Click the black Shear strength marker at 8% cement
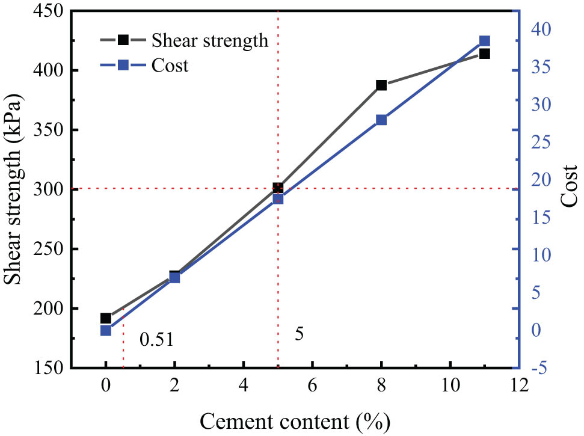coord(381,85)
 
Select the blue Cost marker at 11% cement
coord(485,41)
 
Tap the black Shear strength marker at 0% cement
coord(106,318)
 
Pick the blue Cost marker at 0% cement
coord(106,330)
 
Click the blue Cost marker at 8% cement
coord(381,120)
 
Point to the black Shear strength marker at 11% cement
coord(485,54)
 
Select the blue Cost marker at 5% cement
coord(278,198)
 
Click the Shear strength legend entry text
coord(209,40)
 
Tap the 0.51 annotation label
coord(156,340)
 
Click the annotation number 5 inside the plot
coord(299,334)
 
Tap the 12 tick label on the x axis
coord(519,384)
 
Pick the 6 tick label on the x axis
coord(312,384)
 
